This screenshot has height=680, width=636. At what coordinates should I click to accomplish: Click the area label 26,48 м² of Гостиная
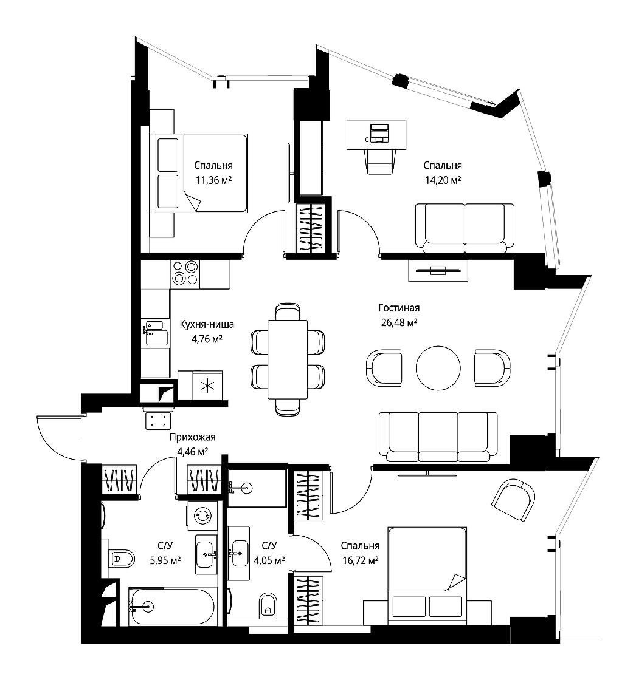(x=399, y=322)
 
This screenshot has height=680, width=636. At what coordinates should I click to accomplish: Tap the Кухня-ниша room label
(x=207, y=324)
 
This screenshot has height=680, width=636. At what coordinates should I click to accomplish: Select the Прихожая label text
(x=193, y=437)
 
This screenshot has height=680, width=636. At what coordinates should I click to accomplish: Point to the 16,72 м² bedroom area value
(x=360, y=561)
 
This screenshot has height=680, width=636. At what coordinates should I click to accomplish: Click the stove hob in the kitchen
(x=185, y=273)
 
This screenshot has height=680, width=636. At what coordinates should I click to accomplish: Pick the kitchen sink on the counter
(x=156, y=333)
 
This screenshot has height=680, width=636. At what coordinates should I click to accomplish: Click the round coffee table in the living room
(x=438, y=368)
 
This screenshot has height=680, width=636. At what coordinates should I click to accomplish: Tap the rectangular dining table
(x=288, y=359)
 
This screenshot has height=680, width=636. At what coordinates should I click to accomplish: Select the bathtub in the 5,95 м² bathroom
(x=171, y=607)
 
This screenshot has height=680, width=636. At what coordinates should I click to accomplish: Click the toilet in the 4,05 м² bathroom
(x=268, y=605)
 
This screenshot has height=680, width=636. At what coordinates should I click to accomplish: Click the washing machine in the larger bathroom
(x=202, y=516)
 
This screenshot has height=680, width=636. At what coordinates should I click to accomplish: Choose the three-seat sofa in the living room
(x=438, y=437)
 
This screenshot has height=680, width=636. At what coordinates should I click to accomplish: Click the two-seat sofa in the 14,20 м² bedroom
(x=465, y=228)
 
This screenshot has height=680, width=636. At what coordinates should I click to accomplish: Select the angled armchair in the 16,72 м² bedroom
(x=513, y=500)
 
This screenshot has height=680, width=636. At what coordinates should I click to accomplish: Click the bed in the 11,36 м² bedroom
(x=199, y=173)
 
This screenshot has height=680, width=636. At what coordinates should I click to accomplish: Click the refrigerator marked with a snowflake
(x=207, y=386)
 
